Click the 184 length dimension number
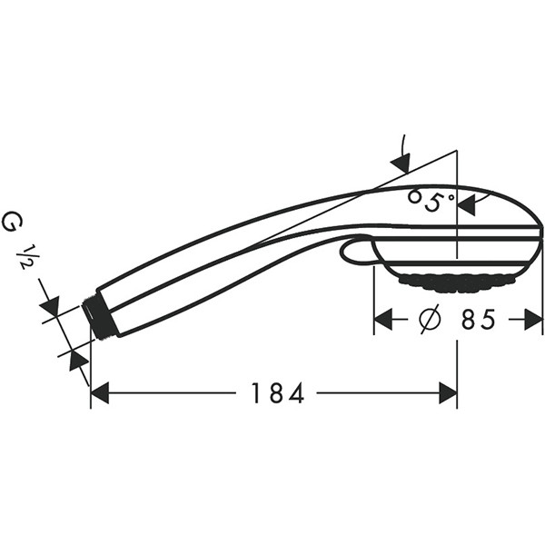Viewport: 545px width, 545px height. (278, 392)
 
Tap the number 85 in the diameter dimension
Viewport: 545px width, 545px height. (478, 320)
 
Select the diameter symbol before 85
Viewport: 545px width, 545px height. (430, 319)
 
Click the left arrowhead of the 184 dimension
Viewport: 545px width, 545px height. (100, 392)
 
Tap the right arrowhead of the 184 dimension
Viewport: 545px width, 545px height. (448, 392)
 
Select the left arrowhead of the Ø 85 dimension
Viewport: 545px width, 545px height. (383, 319)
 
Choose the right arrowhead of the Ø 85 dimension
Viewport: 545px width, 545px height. (533, 319)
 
